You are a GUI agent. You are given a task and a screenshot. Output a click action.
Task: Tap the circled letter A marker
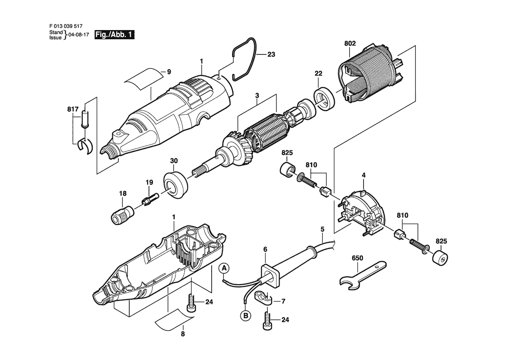point(224,268)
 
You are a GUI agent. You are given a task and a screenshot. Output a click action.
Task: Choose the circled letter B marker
point(246,315)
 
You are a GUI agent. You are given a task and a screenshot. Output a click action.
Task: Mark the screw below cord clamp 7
point(267,322)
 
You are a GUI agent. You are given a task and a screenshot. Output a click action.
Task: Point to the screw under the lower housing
point(192,303)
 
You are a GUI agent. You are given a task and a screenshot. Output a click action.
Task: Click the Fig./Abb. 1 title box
point(114,35)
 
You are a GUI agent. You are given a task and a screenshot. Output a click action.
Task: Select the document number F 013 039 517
point(66,26)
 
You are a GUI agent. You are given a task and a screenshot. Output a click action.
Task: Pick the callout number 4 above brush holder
point(364,175)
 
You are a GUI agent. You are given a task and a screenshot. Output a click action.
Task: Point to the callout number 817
point(73,109)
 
